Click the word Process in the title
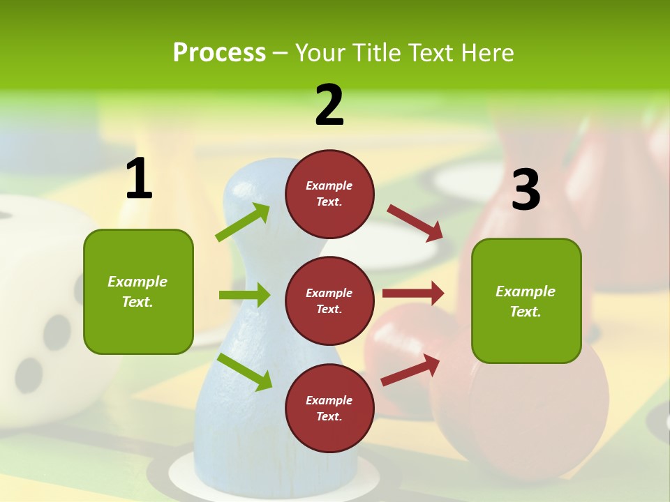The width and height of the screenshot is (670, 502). click(x=219, y=52)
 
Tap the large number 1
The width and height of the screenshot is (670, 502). click(x=139, y=179)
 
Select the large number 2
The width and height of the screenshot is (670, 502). click(x=329, y=105)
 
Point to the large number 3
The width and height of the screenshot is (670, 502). click(x=526, y=190)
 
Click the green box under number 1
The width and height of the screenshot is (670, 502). click(x=138, y=291)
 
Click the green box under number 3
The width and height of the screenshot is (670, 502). click(x=526, y=301)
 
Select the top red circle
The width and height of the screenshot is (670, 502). click(x=329, y=194)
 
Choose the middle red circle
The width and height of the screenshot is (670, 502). click(x=329, y=301)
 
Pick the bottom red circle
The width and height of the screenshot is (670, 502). click(x=329, y=408)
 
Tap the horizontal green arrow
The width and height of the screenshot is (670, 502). click(x=244, y=295)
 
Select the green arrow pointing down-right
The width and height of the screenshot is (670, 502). click(x=245, y=372)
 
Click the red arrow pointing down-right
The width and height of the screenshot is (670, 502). click(x=415, y=222)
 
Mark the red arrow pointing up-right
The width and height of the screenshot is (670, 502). click(x=411, y=370)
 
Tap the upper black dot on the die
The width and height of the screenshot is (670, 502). click(x=57, y=332)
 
